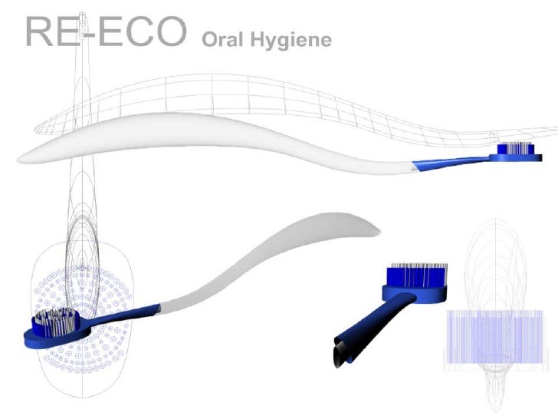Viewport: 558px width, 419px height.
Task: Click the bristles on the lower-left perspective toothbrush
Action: [58, 321]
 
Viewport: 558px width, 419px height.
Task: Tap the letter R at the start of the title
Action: [38, 32]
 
